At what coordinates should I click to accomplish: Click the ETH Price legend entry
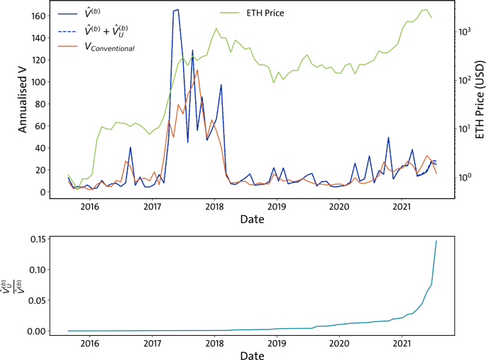265,13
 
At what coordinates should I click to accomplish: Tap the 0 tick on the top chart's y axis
42,192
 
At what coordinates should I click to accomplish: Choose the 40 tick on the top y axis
38,148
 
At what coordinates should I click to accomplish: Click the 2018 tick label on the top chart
214,207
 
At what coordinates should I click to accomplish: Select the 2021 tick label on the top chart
402,207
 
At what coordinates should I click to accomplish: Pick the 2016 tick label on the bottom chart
89,344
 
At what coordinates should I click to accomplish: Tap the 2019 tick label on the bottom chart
277,344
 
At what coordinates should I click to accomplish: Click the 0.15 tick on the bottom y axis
35,239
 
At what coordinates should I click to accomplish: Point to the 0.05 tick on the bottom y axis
35,300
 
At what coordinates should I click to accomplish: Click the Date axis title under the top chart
251,219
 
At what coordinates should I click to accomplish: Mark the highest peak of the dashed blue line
176,9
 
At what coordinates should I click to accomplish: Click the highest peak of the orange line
197,70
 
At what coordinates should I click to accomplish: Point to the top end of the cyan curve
436,240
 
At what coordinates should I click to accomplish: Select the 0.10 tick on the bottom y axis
35,270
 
